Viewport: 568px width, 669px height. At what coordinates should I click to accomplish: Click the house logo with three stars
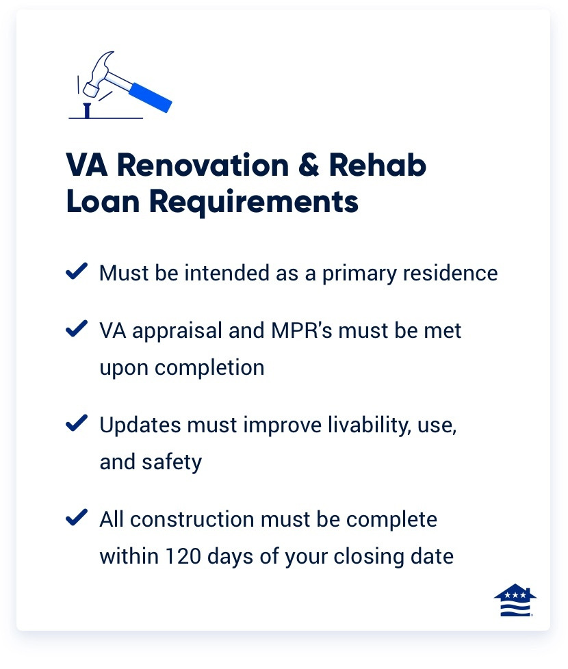(515, 601)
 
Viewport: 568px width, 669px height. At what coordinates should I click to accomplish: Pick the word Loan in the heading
(102, 202)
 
